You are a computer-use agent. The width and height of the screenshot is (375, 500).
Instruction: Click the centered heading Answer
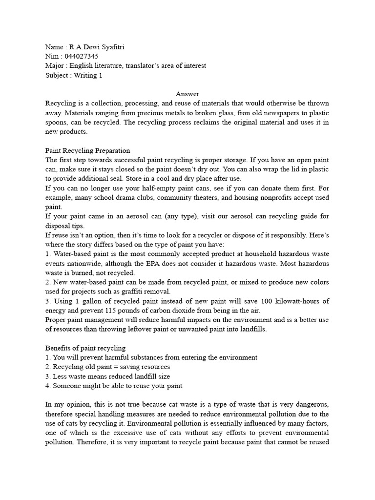point(187,94)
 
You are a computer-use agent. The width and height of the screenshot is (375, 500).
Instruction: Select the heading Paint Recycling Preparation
point(87,150)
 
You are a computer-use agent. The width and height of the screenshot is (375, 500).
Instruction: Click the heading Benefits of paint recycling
point(85,348)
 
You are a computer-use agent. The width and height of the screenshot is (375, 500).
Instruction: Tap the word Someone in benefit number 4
point(67,386)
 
